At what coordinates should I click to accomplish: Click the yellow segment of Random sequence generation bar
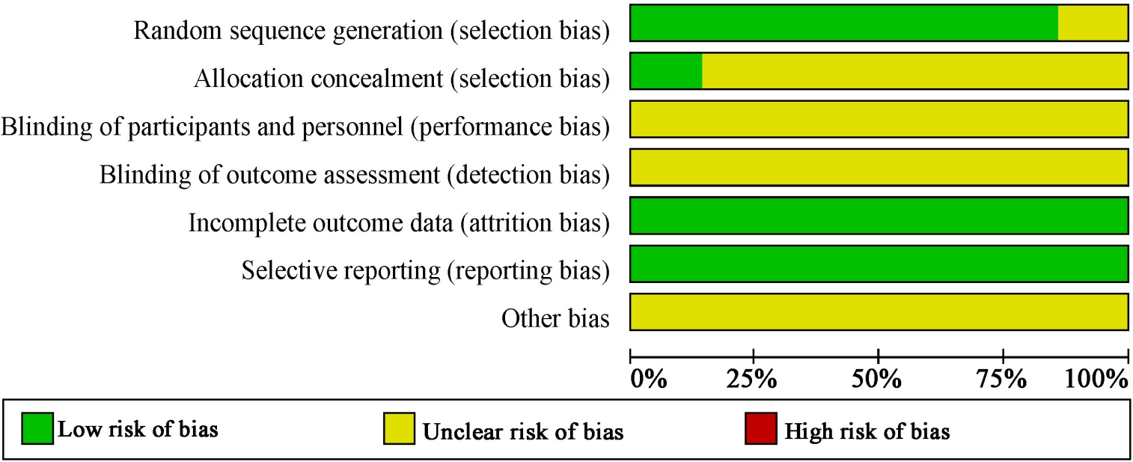point(1093,22)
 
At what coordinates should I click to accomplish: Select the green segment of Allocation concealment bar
point(666,71)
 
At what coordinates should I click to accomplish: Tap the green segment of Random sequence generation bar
point(844,22)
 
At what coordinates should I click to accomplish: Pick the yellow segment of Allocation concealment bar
point(914,71)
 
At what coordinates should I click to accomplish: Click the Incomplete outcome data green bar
point(879,216)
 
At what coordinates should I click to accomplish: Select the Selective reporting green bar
point(879,264)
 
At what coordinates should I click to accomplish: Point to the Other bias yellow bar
point(879,312)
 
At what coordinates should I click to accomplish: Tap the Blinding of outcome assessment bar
point(879,167)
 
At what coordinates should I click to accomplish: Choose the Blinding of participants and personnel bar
point(879,119)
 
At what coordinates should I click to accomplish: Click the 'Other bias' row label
point(555,318)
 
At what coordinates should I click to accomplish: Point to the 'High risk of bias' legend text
point(867,431)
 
